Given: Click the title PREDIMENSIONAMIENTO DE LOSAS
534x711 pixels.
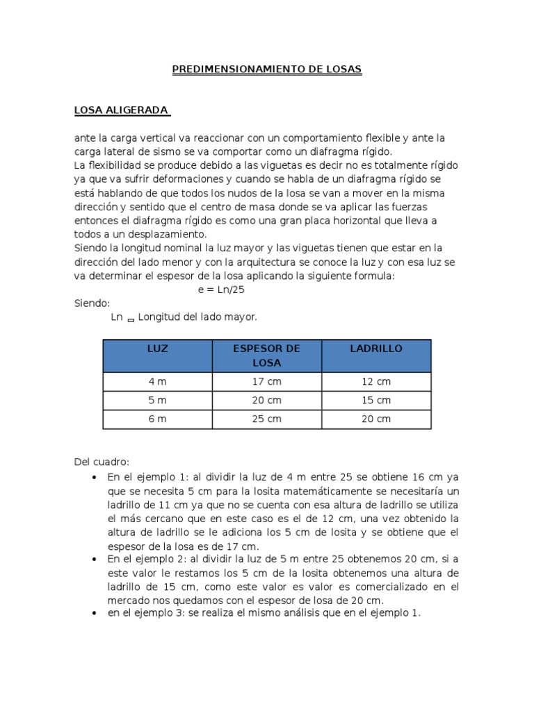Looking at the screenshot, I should (267, 69).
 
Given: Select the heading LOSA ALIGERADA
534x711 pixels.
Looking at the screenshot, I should (122, 110).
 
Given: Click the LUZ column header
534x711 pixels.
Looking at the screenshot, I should (158, 349).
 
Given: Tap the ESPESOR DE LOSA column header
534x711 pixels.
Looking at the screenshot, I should (267, 355).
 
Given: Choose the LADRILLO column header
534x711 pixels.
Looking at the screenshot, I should (376, 349).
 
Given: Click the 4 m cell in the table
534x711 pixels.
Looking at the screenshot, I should (158, 382).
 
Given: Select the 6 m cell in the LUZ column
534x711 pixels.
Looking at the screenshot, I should (158, 419).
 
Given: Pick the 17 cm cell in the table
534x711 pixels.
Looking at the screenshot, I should (267, 382).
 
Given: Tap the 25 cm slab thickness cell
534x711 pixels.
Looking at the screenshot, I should (267, 419).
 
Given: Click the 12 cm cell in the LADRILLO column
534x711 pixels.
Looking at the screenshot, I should (376, 382).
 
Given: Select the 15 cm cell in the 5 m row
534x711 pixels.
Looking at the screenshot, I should (376, 401).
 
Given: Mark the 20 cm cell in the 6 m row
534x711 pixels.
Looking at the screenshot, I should (376, 419).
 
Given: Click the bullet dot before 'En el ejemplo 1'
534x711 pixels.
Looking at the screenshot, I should (95, 478).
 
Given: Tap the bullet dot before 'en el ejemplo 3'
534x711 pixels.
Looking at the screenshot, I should (95, 614).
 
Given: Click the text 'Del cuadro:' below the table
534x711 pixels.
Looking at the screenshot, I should (102, 462).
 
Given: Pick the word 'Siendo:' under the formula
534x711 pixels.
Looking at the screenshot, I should (92, 303).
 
